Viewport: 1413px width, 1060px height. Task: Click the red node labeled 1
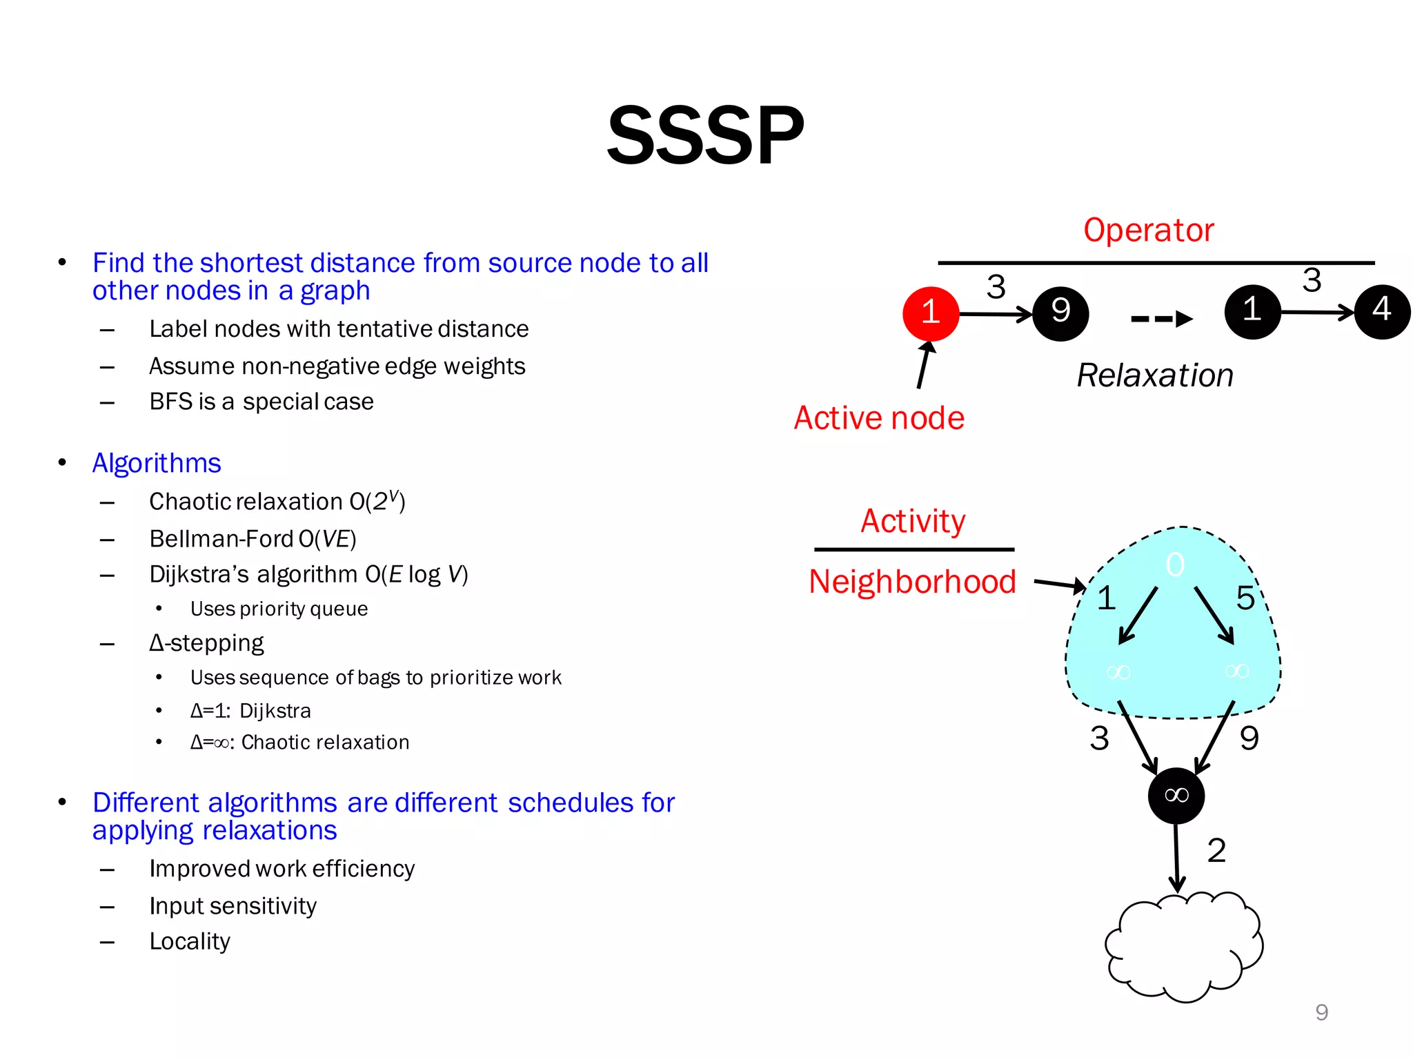930,313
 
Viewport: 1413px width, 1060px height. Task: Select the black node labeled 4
1382,311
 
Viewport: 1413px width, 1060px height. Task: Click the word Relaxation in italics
1155,375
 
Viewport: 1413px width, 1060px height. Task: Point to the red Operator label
1148,230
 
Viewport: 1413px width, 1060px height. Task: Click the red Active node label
879,418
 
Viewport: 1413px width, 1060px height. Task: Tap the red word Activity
913,521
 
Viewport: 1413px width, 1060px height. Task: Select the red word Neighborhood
912,582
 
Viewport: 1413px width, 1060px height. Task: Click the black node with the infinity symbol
1176,796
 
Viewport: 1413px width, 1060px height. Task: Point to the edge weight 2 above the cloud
1216,850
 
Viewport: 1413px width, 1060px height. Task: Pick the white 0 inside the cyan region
1175,565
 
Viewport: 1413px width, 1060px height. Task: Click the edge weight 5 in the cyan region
1245,598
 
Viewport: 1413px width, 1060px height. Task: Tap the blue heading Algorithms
157,463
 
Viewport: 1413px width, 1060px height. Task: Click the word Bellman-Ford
221,539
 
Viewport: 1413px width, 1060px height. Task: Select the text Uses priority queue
279,609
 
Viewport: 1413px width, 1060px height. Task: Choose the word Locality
190,941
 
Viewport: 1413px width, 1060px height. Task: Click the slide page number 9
1321,1012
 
